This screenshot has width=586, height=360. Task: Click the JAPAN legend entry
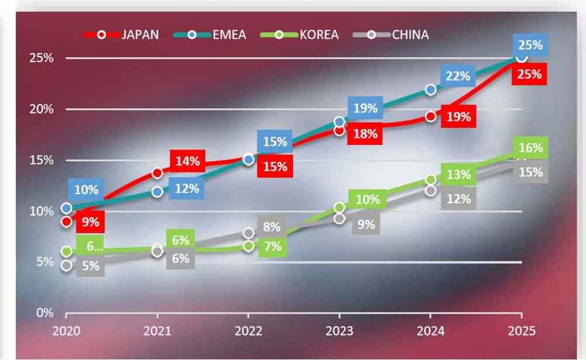[140, 34]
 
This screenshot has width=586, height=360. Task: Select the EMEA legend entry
[229, 34]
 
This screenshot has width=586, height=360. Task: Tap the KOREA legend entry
[319, 34]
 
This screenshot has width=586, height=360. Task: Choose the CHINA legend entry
[410, 34]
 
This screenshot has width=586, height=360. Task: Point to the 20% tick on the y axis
[42, 109]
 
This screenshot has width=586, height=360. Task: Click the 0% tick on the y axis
[44, 313]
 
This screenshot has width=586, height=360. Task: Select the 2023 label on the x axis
[339, 331]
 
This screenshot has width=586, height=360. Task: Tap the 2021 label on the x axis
[157, 331]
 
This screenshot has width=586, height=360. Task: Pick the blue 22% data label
[458, 75]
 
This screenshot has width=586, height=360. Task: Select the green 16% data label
[530, 148]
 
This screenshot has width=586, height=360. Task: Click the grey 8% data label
[271, 227]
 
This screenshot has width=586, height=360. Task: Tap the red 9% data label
[91, 221]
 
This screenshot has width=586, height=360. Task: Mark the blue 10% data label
[86, 189]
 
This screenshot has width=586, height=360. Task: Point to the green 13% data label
[459, 174]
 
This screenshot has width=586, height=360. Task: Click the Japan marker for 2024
[431, 116]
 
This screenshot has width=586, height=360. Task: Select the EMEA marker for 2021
[157, 191]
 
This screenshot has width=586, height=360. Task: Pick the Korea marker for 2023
[340, 207]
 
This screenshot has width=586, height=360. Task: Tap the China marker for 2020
[67, 265]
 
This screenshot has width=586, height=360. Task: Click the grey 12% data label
[459, 199]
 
